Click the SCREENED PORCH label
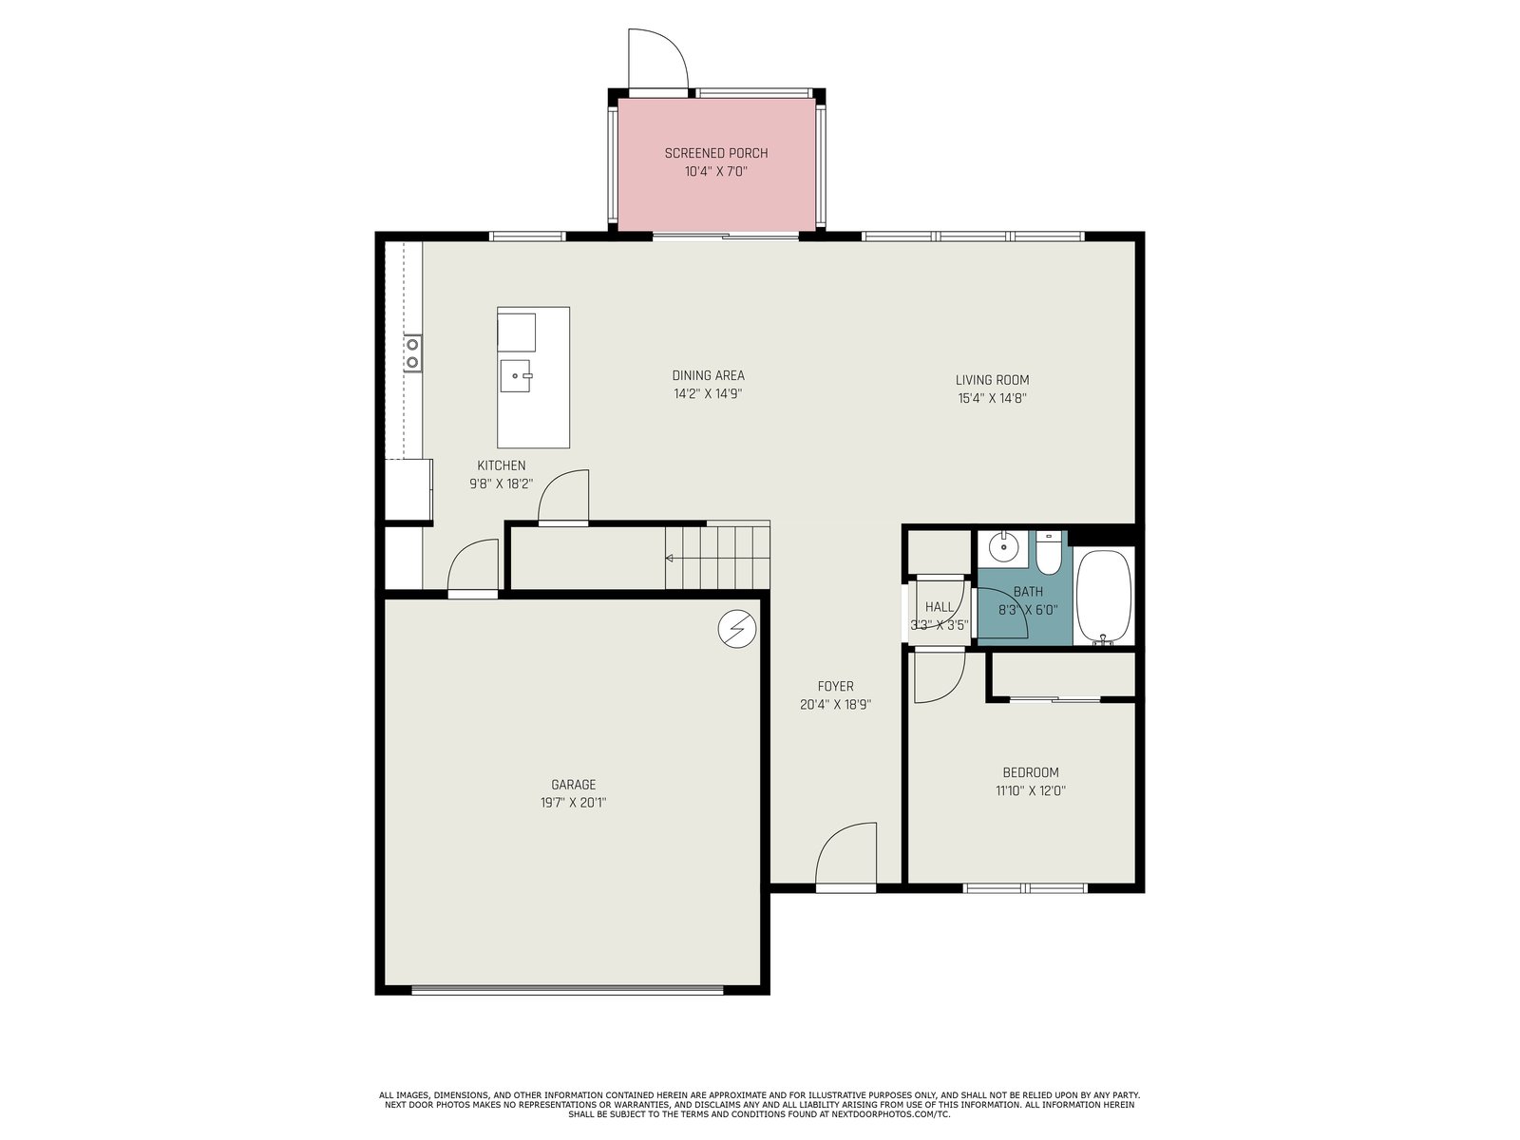click(x=716, y=153)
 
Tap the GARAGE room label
click(x=574, y=785)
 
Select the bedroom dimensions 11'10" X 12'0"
click(x=1031, y=790)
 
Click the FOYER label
click(x=835, y=686)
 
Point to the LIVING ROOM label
click(x=993, y=379)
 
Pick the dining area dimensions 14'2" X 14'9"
click(x=708, y=394)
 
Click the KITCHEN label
click(x=502, y=465)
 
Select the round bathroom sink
click(x=1002, y=549)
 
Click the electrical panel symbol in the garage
click(x=737, y=629)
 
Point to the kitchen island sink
click(x=515, y=376)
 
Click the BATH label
click(x=1028, y=592)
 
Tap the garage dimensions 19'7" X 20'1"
click(x=574, y=803)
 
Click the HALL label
click(x=939, y=607)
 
